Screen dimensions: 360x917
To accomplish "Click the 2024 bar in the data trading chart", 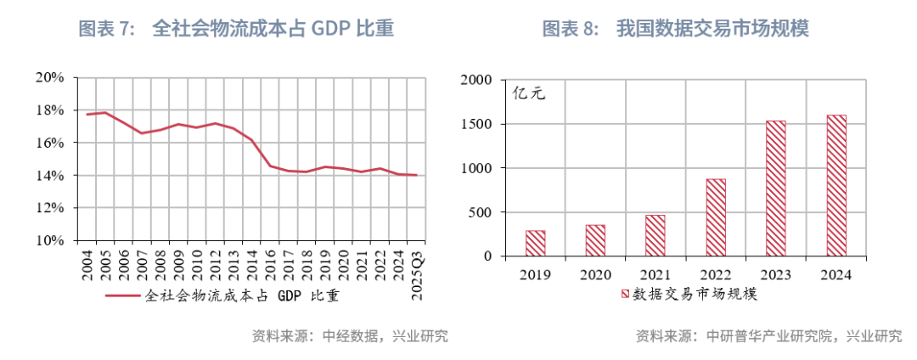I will [836, 185].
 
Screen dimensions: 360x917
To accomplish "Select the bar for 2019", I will [535, 243].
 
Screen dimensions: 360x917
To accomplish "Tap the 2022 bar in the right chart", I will [716, 217].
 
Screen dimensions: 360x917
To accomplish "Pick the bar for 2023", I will [776, 188].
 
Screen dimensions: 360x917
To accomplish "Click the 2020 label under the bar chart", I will [595, 275].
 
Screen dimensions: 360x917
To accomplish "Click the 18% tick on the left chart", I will [52, 110].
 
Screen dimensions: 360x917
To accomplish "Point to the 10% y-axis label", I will [52, 240].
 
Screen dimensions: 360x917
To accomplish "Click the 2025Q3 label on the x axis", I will [416, 273].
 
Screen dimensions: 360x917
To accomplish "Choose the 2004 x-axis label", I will [87, 265].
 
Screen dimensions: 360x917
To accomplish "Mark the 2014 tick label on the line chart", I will [251, 265].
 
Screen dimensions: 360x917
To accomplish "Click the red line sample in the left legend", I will [122, 296].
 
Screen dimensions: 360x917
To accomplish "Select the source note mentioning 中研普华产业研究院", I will [768, 336].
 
